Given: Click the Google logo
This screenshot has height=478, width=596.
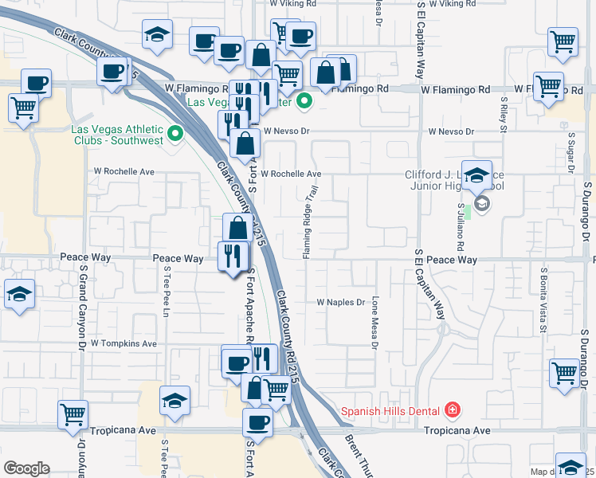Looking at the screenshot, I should (26, 468).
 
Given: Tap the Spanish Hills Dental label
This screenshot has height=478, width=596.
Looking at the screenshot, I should (391, 411).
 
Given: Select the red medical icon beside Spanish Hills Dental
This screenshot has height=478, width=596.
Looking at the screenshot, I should (453, 410).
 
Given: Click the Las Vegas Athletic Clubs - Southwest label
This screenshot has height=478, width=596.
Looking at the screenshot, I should (117, 135).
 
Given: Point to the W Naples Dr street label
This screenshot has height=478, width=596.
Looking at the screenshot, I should (340, 303).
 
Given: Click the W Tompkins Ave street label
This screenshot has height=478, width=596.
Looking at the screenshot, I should (124, 343).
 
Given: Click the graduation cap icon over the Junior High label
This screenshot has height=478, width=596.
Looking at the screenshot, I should (476, 177).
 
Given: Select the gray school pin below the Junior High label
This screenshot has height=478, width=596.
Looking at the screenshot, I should (484, 205).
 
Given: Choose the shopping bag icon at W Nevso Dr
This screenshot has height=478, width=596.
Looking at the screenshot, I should (246, 144).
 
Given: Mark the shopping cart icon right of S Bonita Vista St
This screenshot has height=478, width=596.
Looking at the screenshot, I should (563, 371).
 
